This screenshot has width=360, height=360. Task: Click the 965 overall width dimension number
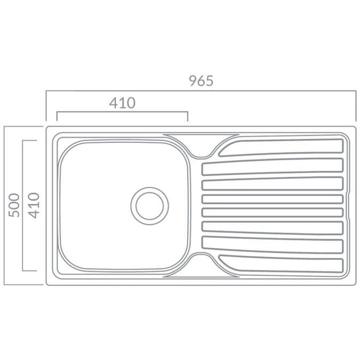tap(201, 81)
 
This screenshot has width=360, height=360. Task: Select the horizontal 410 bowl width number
tap(122, 103)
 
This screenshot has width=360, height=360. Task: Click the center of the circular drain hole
tap(149, 205)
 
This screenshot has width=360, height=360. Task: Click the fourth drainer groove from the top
tap(272, 199)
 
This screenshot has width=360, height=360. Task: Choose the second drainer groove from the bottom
tap(272, 244)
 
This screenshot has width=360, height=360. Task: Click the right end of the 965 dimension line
tap(355, 92)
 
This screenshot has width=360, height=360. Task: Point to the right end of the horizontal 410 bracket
tap(187, 113)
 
